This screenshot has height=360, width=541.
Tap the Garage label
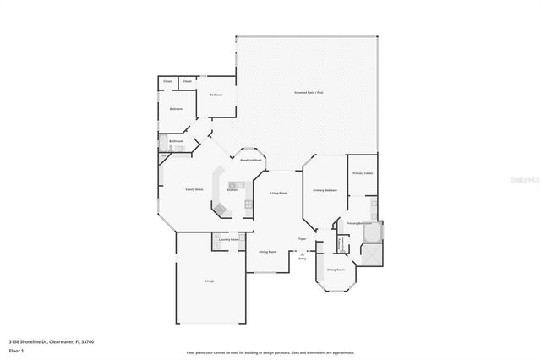[x=208, y=280]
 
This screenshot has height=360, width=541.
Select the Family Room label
[x=194, y=190]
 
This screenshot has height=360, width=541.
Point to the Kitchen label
[x=232, y=190]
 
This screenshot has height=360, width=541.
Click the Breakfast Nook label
[x=250, y=160]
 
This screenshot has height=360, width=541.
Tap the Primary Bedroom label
[x=325, y=190]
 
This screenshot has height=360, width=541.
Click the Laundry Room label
[x=227, y=239]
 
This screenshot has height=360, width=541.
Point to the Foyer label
[x=302, y=239]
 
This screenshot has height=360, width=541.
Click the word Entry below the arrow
[x=302, y=259]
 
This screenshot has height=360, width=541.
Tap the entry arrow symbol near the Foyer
[x=302, y=253]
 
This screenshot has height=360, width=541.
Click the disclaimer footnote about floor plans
[x=270, y=352]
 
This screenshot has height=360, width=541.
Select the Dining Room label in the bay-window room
[x=336, y=270]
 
